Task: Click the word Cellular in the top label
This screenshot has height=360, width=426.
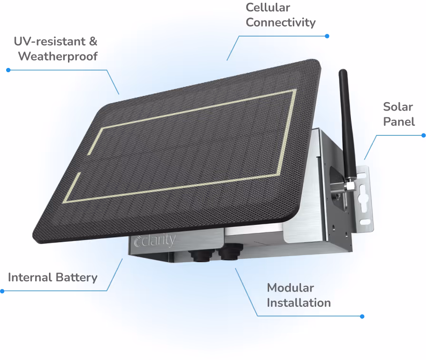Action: pyautogui.click(x=268, y=8)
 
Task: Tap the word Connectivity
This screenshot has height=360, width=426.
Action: pyautogui.click(x=281, y=22)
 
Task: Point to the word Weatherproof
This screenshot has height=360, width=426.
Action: pyautogui.click(x=58, y=56)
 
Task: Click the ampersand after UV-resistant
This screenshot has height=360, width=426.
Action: pyautogui.click(x=93, y=41)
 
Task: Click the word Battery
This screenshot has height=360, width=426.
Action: pyautogui.click(x=77, y=277)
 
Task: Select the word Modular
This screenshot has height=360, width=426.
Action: pyautogui.click(x=290, y=288)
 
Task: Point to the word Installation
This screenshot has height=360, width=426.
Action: pyautogui.click(x=299, y=303)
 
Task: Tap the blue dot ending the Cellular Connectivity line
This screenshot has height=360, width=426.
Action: pyautogui.click(x=327, y=36)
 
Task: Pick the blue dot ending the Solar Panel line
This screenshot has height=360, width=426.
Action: pyautogui.click(x=423, y=135)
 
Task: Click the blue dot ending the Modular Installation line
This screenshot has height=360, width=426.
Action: pyautogui.click(x=362, y=316)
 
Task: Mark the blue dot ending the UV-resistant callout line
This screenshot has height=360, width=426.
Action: pyautogui.click(x=8, y=70)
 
